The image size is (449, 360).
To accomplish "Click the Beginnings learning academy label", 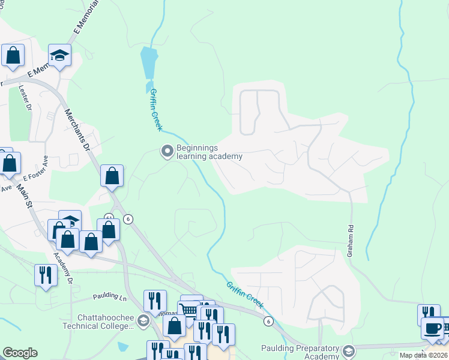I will tap(209, 152).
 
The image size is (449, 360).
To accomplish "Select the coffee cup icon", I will tap(432, 328).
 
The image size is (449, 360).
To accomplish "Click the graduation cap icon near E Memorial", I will tap(59, 55).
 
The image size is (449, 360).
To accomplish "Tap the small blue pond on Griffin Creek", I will tap(149, 62).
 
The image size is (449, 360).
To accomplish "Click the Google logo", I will tap(20, 353).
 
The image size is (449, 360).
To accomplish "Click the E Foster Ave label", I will tap(35, 169).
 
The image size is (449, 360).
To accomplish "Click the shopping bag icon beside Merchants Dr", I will tap(112, 176).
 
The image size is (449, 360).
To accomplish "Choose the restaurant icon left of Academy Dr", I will tap(46, 275).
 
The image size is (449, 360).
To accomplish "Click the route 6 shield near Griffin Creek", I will tap(268, 322).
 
